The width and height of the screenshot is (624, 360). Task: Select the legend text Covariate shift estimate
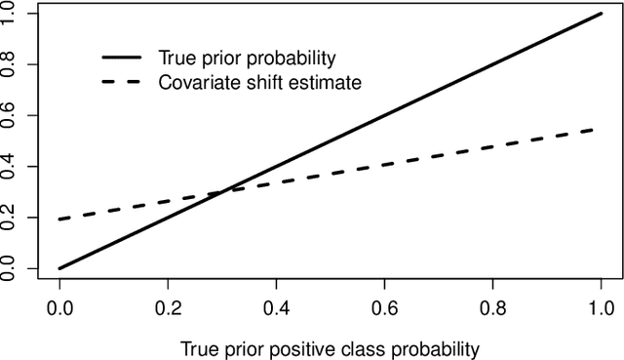point(259,82)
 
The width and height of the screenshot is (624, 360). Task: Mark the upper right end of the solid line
point(602,14)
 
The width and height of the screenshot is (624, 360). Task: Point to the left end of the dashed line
point(60,220)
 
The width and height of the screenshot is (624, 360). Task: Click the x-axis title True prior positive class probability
point(331,346)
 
